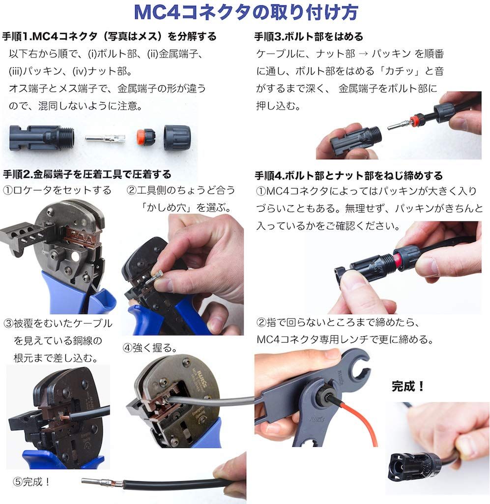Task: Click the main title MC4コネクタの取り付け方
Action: click(246, 12)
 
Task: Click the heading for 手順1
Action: click(109, 36)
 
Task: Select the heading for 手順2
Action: click(87, 175)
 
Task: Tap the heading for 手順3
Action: click(308, 36)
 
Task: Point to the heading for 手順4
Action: click(348, 176)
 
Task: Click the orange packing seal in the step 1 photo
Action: click(145, 137)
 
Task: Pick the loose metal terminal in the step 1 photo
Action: click(105, 138)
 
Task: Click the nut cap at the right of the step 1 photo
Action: click(177, 138)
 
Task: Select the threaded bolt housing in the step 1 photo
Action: click(42, 138)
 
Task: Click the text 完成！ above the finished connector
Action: click(408, 386)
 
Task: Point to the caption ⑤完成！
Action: click(31, 481)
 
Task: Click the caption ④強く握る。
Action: click(150, 348)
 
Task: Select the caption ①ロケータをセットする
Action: click(57, 190)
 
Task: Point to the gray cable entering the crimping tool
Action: click(212, 400)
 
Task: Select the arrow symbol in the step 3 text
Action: click(363, 54)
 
